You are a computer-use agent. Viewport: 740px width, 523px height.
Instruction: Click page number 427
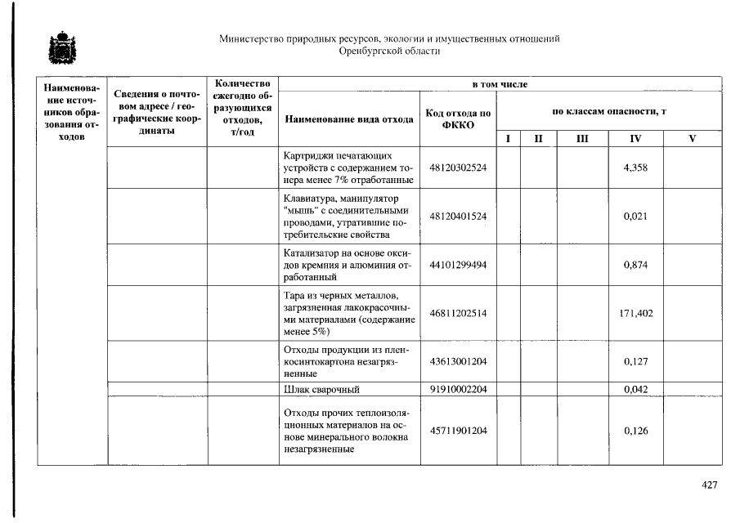[x=709, y=485]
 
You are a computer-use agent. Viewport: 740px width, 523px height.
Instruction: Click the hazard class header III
[x=581, y=139]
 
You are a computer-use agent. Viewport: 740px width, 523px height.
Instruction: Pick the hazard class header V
[x=692, y=139]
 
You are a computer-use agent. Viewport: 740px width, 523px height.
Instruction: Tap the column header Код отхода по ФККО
[x=458, y=119]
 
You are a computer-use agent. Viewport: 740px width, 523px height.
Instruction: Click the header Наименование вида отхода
[x=349, y=119]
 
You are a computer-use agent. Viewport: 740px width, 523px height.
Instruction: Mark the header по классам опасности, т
[x=608, y=110]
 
